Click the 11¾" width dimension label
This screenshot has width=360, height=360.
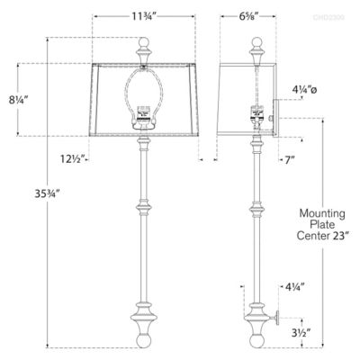coord(140,15)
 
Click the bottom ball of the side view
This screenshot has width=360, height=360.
coord(256,341)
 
